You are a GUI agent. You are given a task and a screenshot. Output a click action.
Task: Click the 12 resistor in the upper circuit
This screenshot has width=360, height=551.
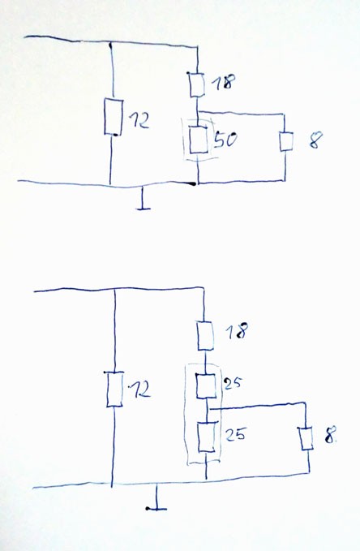(x=114, y=117)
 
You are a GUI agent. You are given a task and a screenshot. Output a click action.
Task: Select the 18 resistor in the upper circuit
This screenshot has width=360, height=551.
(x=197, y=84)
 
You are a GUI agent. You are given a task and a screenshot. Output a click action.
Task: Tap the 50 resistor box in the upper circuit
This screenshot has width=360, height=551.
(x=199, y=140)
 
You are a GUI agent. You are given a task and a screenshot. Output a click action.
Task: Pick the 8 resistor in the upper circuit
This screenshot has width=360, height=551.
(x=286, y=141)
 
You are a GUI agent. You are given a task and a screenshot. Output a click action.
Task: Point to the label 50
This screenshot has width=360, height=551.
(x=225, y=139)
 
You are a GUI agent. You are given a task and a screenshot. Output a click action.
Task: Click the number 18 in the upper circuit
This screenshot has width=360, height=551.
(x=224, y=82)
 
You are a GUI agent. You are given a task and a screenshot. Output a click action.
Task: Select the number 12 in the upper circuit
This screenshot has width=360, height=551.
(x=138, y=120)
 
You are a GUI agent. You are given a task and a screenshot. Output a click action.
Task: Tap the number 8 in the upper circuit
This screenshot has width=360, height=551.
(x=315, y=141)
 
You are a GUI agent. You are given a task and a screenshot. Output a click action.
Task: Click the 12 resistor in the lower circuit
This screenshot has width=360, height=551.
(x=115, y=390)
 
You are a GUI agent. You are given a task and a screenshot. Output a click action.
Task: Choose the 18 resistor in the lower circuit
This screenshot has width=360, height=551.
(x=205, y=336)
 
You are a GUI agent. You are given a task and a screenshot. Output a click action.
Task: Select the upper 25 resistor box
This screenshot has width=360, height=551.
(x=205, y=385)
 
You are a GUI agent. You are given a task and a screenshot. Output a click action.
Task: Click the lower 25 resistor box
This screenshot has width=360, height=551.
(x=206, y=437)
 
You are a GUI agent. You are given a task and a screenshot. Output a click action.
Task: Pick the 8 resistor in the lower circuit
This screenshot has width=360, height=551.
(x=306, y=439)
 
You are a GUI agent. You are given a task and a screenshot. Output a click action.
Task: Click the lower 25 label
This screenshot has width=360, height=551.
(x=235, y=434)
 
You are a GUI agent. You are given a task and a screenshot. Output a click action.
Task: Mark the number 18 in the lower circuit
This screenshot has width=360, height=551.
(x=237, y=331)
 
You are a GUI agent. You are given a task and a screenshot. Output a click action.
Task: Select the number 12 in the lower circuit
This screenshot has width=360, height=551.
(x=139, y=390)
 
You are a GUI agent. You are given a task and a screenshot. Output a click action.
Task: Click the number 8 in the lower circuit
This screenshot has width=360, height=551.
(x=330, y=435)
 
